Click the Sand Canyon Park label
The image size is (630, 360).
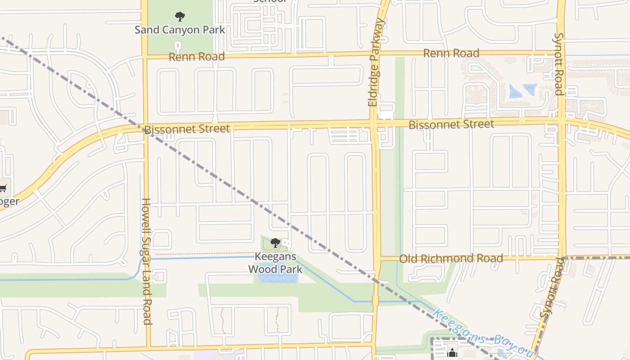pyautogui.click(x=180, y=30)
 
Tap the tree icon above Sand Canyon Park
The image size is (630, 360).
pyautogui.click(x=180, y=17)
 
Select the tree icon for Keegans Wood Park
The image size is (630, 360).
pyautogui.click(x=275, y=243)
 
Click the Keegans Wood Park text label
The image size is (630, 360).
pyautogui.click(x=275, y=263)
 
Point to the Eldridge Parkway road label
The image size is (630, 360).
pyautogui.click(x=376, y=62)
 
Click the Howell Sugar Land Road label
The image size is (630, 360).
pyautogui.click(x=146, y=261)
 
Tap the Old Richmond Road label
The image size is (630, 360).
pyautogui.click(x=451, y=258)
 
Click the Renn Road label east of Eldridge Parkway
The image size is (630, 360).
pyautogui.click(x=451, y=53)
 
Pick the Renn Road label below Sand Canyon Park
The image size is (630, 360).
pyautogui.click(x=197, y=57)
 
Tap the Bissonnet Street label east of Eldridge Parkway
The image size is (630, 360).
pyautogui.click(x=451, y=124)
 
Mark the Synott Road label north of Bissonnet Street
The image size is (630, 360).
pyautogui.click(x=558, y=64)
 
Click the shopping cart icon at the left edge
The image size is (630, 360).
pyautogui.click(x=3, y=188)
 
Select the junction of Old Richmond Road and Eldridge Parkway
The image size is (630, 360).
pyautogui.click(x=377, y=258)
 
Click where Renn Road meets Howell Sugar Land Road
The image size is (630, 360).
pyautogui.click(x=144, y=57)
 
